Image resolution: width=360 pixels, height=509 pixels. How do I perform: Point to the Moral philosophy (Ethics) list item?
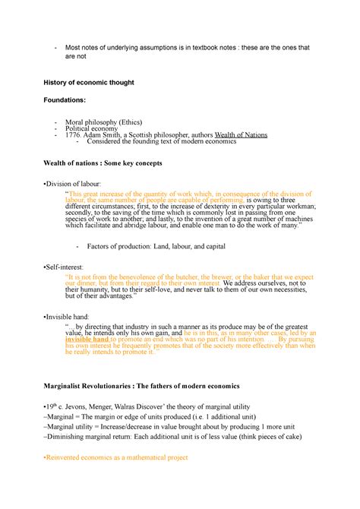pyautogui.click(x=104, y=122)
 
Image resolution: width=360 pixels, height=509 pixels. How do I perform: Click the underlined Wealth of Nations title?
pyautogui.click(x=242, y=135)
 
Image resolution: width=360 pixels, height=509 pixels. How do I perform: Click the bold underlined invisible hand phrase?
pyautogui.click(x=93, y=339)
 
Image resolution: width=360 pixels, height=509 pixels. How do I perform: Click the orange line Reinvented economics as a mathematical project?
pyautogui.click(x=118, y=457)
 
